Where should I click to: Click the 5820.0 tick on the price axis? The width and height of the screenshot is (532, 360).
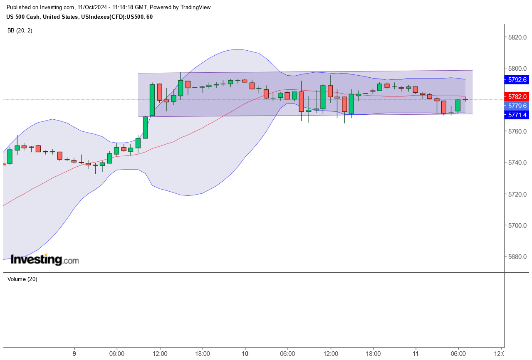517,37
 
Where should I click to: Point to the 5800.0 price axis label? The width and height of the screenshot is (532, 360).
517,68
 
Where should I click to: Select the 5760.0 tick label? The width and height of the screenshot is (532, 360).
517,131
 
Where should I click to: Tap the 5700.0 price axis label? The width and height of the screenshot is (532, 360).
517,225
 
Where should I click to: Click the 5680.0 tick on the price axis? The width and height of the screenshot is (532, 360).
517,256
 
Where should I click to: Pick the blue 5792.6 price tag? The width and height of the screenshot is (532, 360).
517,79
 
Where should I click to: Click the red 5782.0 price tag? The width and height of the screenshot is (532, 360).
517,96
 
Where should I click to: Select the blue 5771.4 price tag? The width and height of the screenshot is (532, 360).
517,115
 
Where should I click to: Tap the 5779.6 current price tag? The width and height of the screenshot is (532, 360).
517,106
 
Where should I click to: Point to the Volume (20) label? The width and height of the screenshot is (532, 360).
22,279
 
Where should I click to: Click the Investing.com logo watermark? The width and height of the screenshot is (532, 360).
45,260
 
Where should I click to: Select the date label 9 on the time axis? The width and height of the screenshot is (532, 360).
74,354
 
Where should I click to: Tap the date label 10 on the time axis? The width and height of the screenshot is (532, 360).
245,354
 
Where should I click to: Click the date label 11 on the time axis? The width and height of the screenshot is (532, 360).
416,354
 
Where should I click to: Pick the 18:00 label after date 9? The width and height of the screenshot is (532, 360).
202,354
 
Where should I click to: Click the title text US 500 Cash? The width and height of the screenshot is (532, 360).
24,17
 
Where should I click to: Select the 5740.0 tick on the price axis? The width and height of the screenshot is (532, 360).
517,163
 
